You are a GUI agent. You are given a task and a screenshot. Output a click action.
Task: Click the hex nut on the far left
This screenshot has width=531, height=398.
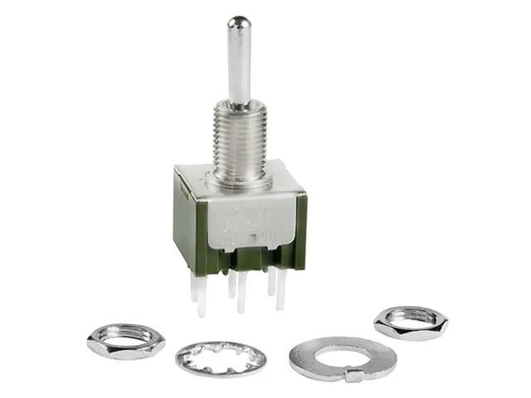[x=125, y=340]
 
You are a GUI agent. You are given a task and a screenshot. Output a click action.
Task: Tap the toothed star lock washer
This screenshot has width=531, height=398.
[x=221, y=358]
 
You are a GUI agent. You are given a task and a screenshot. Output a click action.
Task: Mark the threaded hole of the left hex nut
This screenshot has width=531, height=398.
[x=125, y=337]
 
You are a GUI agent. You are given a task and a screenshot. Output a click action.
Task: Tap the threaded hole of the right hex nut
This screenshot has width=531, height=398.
[x=411, y=318]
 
